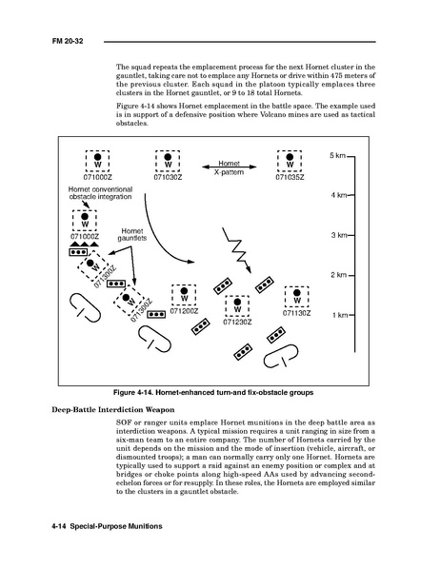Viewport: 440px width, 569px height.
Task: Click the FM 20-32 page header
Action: coord(68,41)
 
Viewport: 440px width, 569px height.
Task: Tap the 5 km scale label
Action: coord(337,156)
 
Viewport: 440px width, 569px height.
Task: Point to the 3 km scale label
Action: coord(339,235)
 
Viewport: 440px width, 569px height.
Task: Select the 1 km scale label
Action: coord(340,315)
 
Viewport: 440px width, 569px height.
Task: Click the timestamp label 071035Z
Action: coord(290,177)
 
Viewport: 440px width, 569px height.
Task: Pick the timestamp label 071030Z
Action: coord(168,177)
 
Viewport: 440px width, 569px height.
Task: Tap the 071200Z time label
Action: coord(184,311)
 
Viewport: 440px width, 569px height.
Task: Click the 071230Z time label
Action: coord(237,323)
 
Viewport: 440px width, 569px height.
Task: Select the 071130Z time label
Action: coord(297,313)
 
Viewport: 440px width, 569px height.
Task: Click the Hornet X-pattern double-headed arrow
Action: coord(230,167)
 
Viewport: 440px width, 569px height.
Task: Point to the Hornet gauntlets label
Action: coord(132,234)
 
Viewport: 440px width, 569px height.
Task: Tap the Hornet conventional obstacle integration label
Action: coord(100,193)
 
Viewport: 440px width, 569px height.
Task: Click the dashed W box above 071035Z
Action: coord(290,161)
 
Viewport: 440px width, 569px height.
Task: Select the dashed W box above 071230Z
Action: coord(237,306)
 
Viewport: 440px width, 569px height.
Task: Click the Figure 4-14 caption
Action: coord(213,393)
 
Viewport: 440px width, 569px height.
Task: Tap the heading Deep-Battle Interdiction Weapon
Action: coord(113,410)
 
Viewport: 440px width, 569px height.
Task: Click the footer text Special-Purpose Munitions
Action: coord(116,526)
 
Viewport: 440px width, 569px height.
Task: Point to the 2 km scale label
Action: coord(339,275)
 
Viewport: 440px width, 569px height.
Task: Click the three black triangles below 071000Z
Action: coord(85,244)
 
